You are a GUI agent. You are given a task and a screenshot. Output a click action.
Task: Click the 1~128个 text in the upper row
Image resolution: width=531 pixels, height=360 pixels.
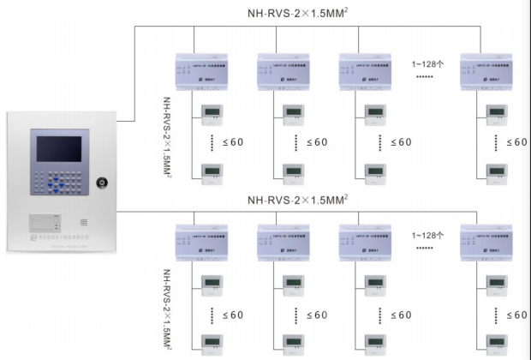coord(427,64)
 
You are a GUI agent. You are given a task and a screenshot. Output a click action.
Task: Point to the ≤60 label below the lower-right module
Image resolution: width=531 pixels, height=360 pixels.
coord(517,315)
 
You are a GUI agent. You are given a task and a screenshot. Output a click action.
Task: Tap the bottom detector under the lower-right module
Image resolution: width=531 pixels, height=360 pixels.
coord(496,344)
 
